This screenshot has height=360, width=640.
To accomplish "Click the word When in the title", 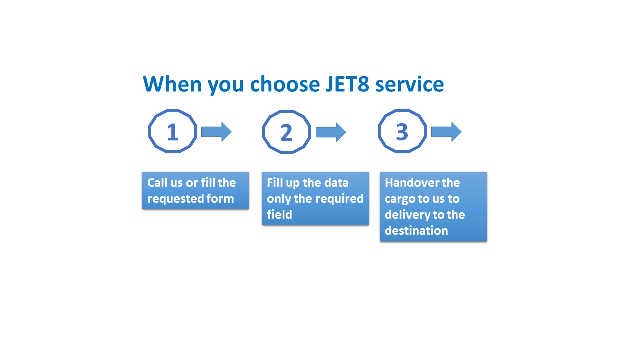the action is click(172, 84).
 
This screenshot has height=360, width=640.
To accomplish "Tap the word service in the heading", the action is click(409, 84).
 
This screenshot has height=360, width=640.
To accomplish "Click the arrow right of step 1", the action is click(216, 132).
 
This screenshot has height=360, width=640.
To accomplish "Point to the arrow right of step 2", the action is click(331, 132).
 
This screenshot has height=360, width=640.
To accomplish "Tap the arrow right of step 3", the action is click(446, 132).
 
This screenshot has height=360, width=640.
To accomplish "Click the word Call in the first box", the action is click(157, 183).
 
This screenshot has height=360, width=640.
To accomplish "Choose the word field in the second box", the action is click(279, 215).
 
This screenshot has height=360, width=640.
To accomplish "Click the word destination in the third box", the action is click(416, 231).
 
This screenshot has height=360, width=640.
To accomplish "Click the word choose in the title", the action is click(285, 84).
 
